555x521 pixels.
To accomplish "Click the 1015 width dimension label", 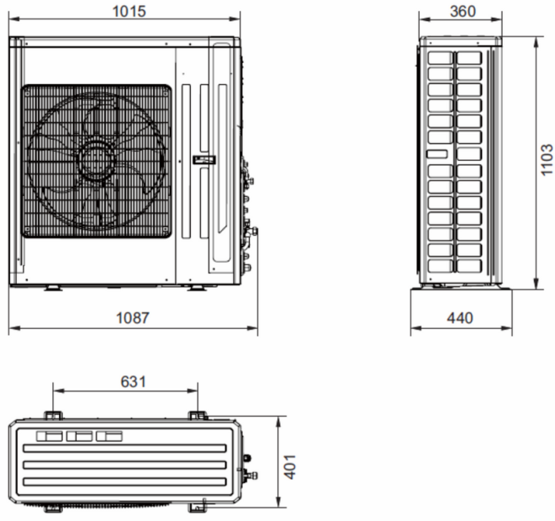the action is click(x=129, y=11).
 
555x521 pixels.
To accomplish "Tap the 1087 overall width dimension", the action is click(x=133, y=317).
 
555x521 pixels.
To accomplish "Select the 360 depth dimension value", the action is click(x=463, y=11).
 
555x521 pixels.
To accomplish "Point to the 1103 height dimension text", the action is click(x=547, y=159).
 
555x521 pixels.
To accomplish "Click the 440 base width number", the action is click(x=460, y=317).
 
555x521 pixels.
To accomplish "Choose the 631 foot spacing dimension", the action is click(x=133, y=381).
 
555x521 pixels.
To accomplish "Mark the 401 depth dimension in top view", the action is click(x=290, y=467).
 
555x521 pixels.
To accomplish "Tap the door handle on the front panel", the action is click(x=203, y=160).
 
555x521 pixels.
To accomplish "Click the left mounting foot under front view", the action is click(x=54, y=288).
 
